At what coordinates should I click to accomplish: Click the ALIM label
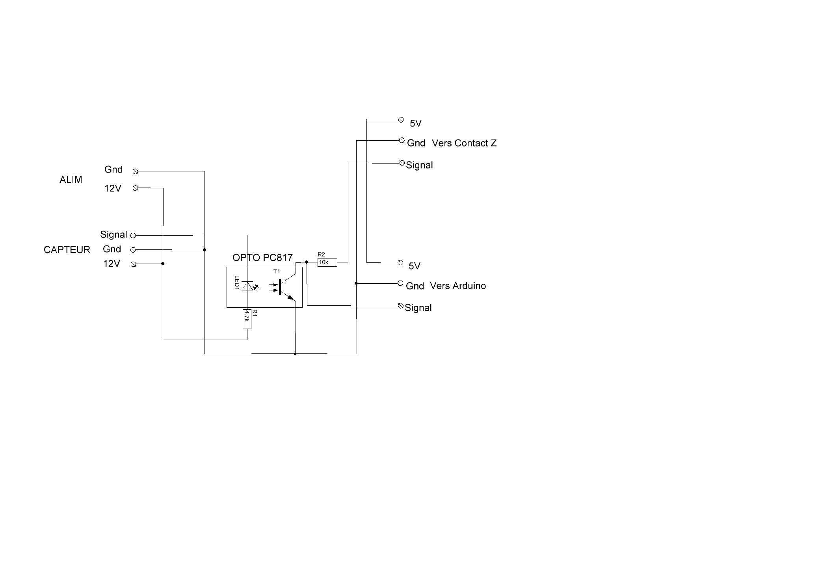click(71, 180)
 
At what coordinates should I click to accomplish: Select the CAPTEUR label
click(67, 250)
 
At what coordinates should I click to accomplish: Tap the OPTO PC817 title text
click(262, 258)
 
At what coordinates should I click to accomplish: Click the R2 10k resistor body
click(327, 262)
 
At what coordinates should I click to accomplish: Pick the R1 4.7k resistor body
click(247, 319)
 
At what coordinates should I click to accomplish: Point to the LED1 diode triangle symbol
click(247, 286)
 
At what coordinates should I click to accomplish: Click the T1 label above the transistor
click(277, 271)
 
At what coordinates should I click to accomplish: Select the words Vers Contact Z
click(464, 143)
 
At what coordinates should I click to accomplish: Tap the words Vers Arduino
click(458, 286)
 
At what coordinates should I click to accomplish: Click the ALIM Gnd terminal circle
click(136, 171)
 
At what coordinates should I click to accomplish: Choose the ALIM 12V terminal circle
click(136, 188)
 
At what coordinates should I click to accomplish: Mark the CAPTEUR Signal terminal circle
click(133, 236)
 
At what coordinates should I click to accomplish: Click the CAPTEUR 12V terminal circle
click(133, 264)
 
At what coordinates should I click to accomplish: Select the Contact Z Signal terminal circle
click(402, 163)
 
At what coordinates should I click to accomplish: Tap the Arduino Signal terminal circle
click(401, 306)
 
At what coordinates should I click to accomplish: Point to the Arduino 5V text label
click(415, 266)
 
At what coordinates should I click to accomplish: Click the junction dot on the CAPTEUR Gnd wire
click(205, 250)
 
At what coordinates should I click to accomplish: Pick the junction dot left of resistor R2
click(307, 262)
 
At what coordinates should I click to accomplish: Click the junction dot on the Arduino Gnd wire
click(356, 283)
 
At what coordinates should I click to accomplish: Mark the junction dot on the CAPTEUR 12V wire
click(163, 264)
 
